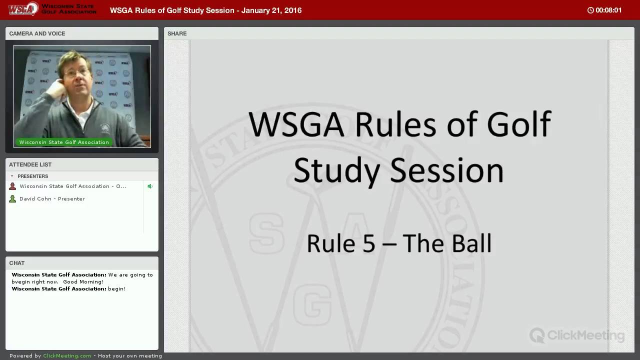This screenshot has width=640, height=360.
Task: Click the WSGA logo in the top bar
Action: pyautogui.click(x=23, y=9)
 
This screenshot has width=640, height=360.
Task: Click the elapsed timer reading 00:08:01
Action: pyautogui.click(x=608, y=10)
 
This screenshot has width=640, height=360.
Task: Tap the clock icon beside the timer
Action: pyautogui.click(x=590, y=10)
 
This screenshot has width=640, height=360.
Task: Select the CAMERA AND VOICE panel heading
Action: pyautogui.click(x=37, y=33)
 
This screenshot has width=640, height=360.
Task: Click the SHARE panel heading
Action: pyautogui.click(x=177, y=33)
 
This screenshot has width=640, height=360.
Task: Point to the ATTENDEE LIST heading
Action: pyautogui.click(x=30, y=164)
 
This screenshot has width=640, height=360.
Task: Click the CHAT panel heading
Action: pyautogui.click(x=17, y=263)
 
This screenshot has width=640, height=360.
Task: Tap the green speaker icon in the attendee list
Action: pyautogui.click(x=150, y=186)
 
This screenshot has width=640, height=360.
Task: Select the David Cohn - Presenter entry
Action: pyautogui.click(x=52, y=199)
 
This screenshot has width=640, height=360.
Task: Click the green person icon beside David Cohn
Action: pyautogui.click(x=12, y=198)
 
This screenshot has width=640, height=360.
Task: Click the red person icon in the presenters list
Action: pyautogui.click(x=12, y=186)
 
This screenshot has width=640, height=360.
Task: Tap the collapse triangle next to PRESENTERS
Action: pyautogui.click(x=12, y=176)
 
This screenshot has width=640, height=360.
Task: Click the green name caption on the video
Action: pyautogui.click(x=64, y=142)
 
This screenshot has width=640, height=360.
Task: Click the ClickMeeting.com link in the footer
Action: pyautogui.click(x=67, y=355)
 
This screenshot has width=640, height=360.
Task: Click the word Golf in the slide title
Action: pyautogui.click(x=519, y=124)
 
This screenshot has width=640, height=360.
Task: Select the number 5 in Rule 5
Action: pyautogui.click(x=369, y=243)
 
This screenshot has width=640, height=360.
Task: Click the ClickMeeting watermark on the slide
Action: pyautogui.click(x=577, y=335)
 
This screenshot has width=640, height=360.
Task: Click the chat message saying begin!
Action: pyautogui.click(x=117, y=289)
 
